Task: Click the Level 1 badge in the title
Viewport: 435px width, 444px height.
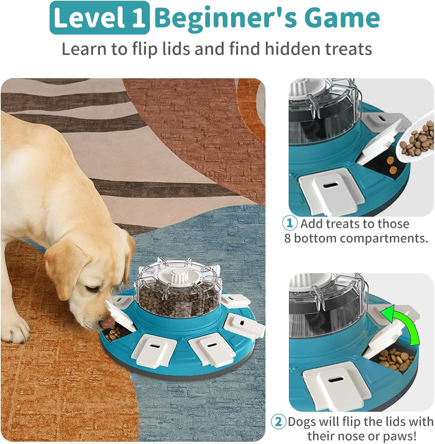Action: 100,18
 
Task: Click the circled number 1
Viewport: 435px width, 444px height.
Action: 290,223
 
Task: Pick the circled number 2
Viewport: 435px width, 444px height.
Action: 279,422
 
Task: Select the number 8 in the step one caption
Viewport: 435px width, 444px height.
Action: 288,238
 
